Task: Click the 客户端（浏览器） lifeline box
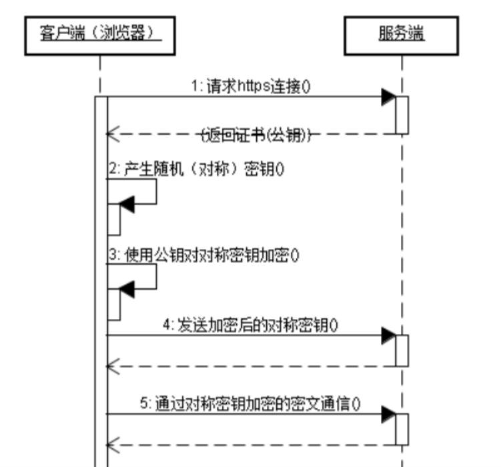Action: pyautogui.click(x=101, y=37)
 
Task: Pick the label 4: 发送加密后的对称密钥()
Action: pyautogui.click(x=250, y=325)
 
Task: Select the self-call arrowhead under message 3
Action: pyautogui.click(x=126, y=288)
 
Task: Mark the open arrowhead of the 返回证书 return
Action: pyautogui.click(x=113, y=135)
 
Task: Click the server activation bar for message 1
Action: pyautogui.click(x=402, y=115)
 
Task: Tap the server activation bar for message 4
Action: pyautogui.click(x=402, y=350)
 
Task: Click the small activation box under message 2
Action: pyautogui.click(x=114, y=219)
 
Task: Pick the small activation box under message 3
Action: pyautogui.click(x=114, y=303)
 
